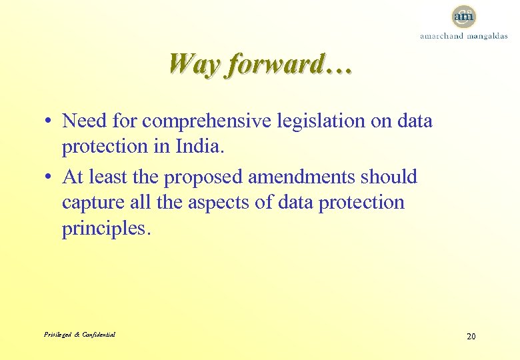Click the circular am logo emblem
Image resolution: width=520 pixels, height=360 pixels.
pos(463,15)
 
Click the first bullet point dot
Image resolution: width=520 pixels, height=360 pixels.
pos(50,122)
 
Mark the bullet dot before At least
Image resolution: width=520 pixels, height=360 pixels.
pos(50,178)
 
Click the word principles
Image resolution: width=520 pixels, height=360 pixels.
pos(107,228)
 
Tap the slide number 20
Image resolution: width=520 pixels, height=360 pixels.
pos(471,336)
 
